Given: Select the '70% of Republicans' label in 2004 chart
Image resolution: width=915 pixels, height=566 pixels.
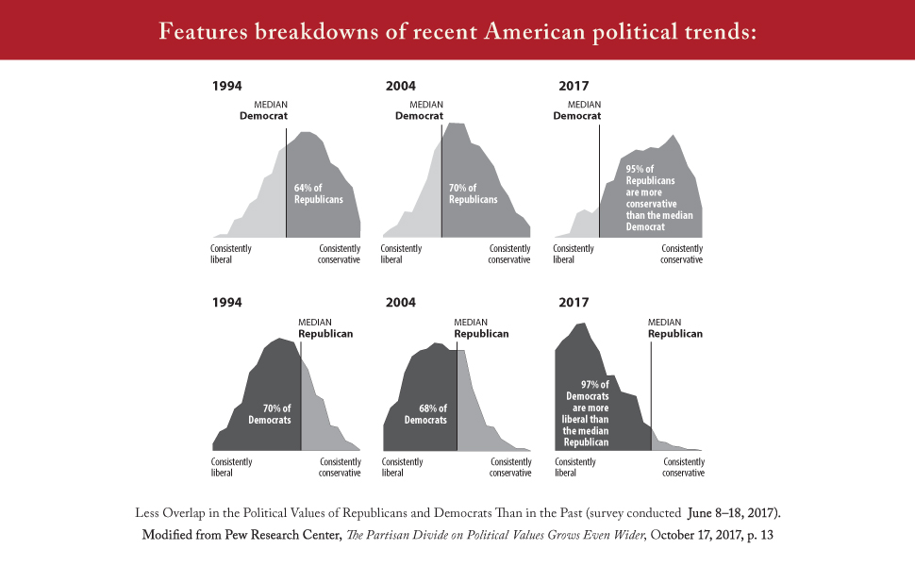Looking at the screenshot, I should pos(473,193).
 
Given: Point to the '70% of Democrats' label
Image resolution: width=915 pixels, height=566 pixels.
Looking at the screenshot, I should pos(270,413).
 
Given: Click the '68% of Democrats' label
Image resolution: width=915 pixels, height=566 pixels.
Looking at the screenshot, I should pos(425,413).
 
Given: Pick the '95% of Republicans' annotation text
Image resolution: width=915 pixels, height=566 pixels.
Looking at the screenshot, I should pos(658,198).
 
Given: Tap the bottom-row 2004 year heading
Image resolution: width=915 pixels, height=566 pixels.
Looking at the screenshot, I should pos(401,303).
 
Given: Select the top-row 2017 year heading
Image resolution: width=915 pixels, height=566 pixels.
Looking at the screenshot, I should pos(574,86).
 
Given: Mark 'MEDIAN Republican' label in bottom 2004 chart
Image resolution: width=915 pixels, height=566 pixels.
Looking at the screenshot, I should pos(481,327).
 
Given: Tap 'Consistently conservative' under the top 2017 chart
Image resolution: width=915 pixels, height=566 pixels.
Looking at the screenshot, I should pos(681,254).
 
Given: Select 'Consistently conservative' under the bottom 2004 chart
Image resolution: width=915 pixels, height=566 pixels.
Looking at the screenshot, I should pos(510,467).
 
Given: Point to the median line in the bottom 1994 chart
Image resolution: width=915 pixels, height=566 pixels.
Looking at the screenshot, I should pos(301,396).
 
